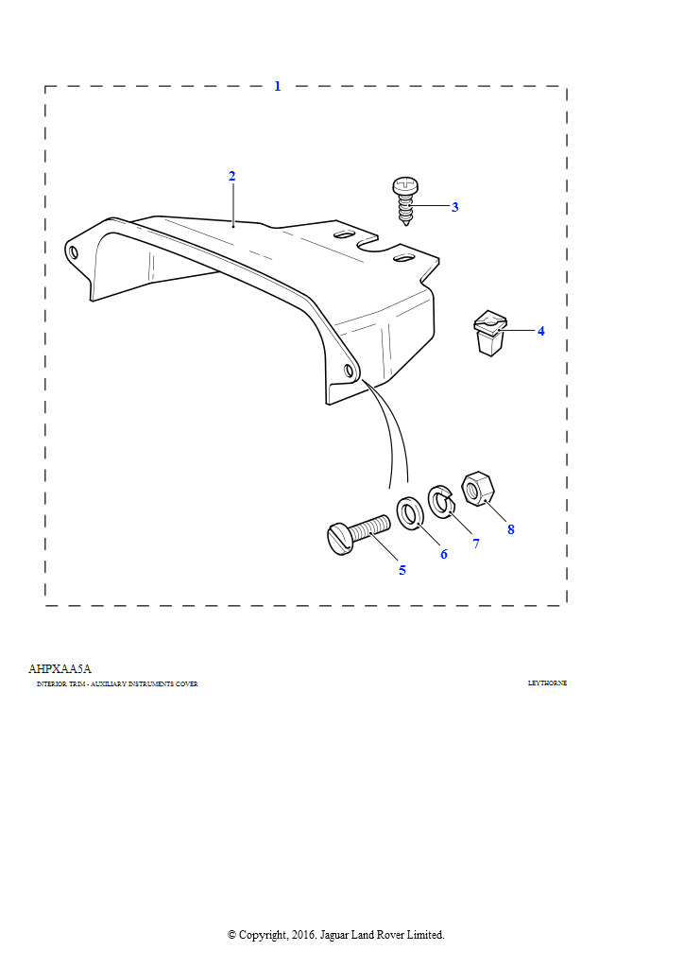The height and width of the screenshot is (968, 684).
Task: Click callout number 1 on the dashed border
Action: [277, 86]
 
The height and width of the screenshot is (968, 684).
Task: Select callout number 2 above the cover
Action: [231, 177]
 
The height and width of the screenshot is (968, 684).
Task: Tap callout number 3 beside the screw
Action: [454, 207]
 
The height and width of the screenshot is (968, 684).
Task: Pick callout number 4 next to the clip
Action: [540, 332]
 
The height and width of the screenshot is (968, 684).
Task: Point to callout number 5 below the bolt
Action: [402, 570]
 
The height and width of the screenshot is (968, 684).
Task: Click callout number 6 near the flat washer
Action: [443, 554]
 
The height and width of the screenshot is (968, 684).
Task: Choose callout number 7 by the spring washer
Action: [476, 544]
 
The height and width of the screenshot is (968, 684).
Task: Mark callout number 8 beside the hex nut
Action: [510, 529]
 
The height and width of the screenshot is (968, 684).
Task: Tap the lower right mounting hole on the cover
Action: [349, 369]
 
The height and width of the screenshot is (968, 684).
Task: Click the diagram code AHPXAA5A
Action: [60, 668]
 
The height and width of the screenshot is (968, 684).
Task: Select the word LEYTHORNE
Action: [547, 683]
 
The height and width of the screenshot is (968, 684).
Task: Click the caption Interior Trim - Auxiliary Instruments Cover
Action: [117, 683]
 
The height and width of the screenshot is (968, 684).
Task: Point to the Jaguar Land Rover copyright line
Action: [335, 934]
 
